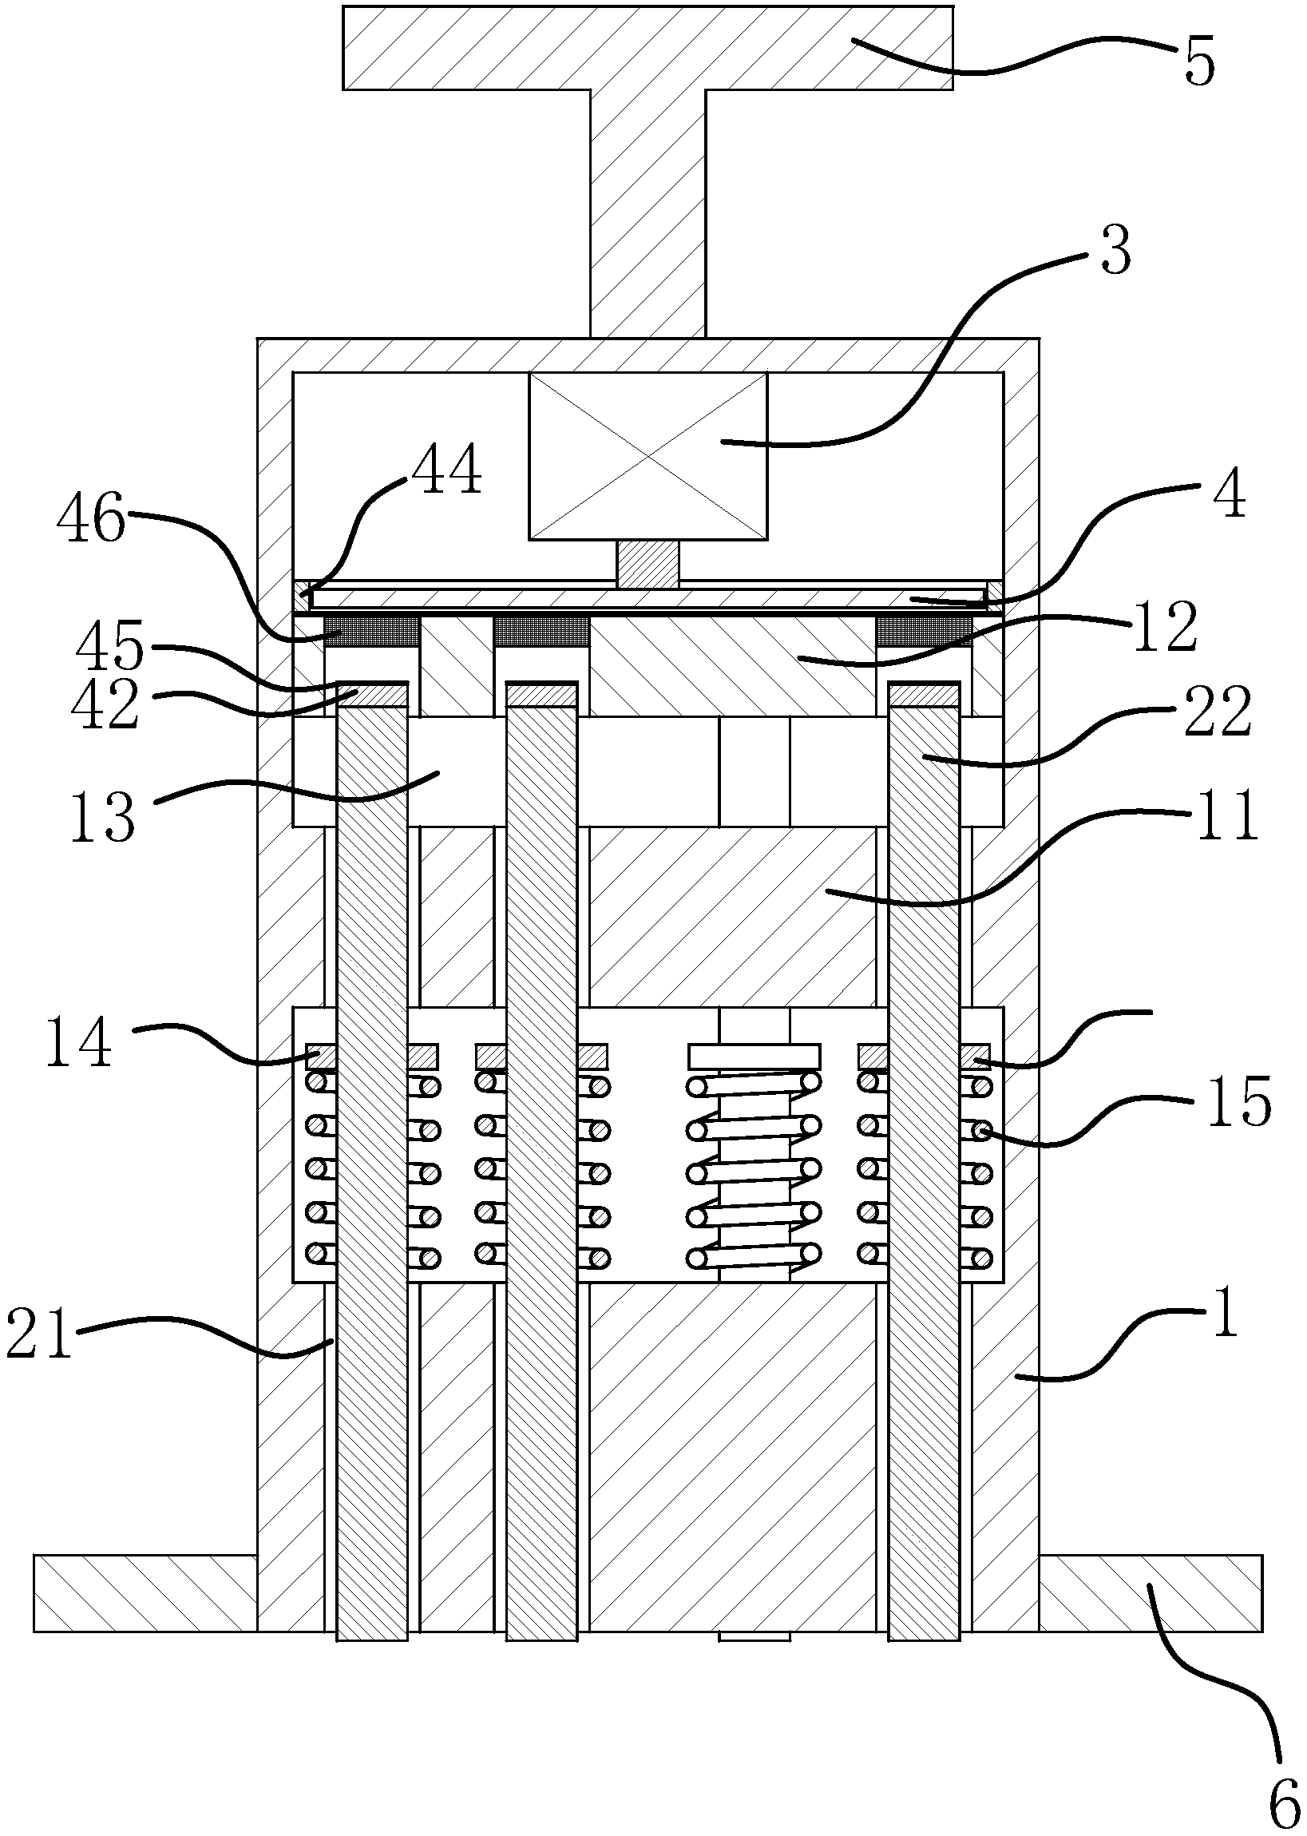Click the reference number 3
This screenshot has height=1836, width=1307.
(1115, 251)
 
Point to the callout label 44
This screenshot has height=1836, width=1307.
(446, 471)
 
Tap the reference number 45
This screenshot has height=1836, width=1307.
(110, 646)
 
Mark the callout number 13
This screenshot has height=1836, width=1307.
(102, 815)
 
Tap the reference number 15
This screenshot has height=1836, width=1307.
(1240, 1100)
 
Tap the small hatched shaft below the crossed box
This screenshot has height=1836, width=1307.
(648, 563)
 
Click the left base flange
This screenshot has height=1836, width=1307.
(145, 1593)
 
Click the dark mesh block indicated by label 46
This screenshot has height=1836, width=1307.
(371, 630)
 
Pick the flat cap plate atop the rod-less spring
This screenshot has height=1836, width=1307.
(754, 1055)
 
